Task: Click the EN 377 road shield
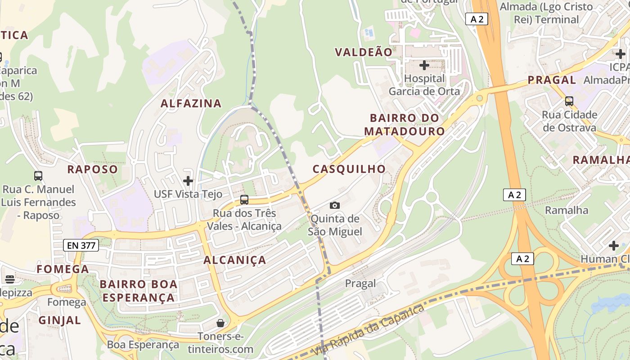click(x=81, y=245)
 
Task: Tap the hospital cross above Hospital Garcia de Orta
click(x=424, y=65)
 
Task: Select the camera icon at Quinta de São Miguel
click(x=335, y=205)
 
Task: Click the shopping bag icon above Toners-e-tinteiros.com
click(x=220, y=323)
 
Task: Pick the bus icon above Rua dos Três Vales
click(x=244, y=199)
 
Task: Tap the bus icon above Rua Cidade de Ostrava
click(x=569, y=101)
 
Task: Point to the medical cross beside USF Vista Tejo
click(x=188, y=181)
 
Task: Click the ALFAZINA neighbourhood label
click(x=191, y=103)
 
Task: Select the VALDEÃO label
click(x=364, y=52)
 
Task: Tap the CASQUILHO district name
click(x=349, y=169)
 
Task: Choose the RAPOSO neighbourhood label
click(x=92, y=170)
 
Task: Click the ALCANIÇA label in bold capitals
click(x=235, y=260)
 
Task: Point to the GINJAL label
click(x=60, y=320)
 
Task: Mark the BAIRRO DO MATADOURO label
click(x=405, y=125)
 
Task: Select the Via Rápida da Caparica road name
click(x=368, y=329)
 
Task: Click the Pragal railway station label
click(x=360, y=283)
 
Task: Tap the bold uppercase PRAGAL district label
click(x=552, y=80)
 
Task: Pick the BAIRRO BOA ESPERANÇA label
click(x=139, y=291)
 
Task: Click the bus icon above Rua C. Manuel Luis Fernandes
click(x=38, y=176)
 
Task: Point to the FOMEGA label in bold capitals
click(x=63, y=269)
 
